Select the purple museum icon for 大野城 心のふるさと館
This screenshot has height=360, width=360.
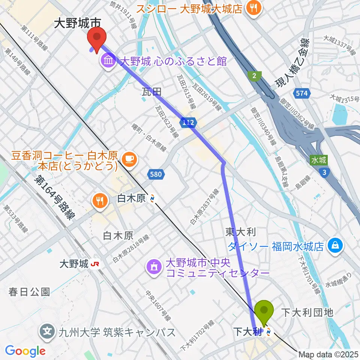[x=108, y=60]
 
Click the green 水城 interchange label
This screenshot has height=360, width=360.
[x=318, y=160]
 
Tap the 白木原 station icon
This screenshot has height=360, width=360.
[x=152, y=198]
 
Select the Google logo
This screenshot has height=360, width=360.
[x=25, y=351]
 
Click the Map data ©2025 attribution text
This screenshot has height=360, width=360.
[x=328, y=354]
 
